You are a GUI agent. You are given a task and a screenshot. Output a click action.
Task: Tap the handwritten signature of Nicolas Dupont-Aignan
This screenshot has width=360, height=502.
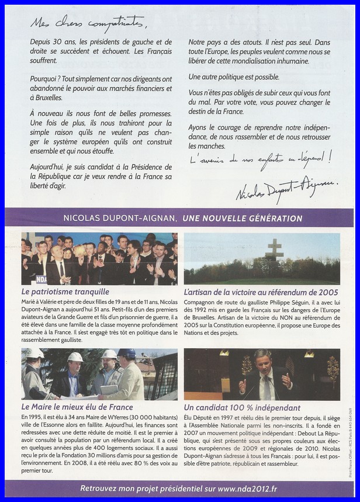286,188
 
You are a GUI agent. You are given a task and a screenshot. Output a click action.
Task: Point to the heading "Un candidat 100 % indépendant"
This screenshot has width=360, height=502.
242,407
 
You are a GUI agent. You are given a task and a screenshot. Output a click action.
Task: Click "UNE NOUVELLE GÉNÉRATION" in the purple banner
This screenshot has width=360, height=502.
243,219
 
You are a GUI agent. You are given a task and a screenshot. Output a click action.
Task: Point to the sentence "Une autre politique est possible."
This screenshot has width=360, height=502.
234,77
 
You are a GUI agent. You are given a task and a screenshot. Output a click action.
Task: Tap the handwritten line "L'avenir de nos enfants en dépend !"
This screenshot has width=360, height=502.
260,160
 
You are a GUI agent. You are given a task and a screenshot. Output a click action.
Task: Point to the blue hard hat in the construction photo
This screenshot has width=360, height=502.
127,352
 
